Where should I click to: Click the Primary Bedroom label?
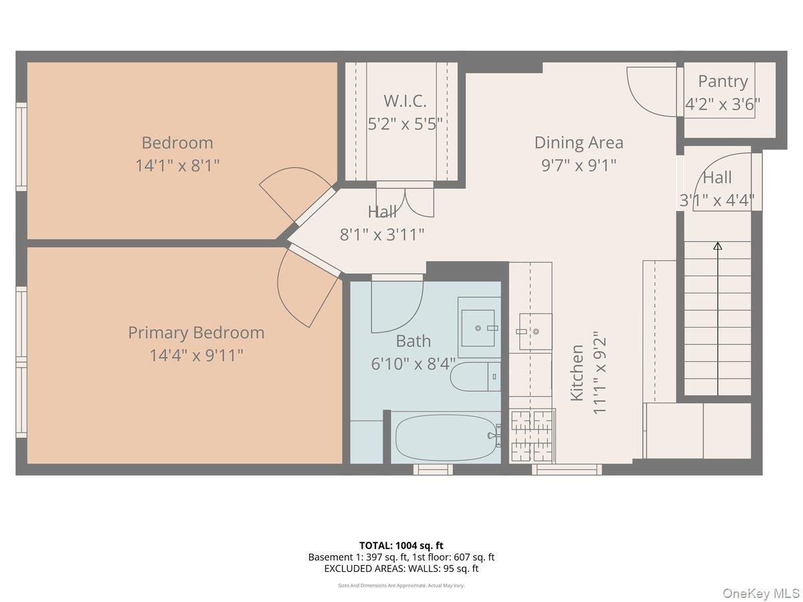(196, 332)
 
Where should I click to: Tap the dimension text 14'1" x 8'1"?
(177, 165)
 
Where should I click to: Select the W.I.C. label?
(405, 101)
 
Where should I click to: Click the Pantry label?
(723, 82)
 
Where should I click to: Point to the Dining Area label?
(578, 142)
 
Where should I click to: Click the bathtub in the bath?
(446, 436)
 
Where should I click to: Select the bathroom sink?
(478, 328)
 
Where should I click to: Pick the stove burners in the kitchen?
(532, 435)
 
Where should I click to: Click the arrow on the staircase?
(717, 246)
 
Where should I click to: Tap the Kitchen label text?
(576, 373)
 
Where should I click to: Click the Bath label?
(413, 341)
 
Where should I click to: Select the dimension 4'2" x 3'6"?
(723, 104)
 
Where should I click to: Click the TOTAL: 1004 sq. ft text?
(401, 545)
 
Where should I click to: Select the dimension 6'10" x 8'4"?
(413, 364)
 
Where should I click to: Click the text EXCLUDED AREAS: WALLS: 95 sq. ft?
(401, 569)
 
